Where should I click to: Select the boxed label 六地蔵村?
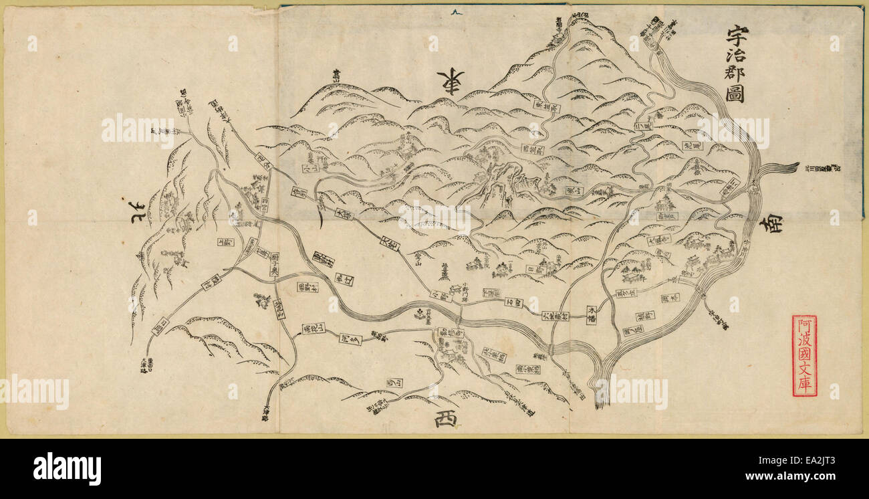(x=555, y=314)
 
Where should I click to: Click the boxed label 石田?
(x=513, y=302)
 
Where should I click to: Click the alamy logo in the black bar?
(x=67, y=468)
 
